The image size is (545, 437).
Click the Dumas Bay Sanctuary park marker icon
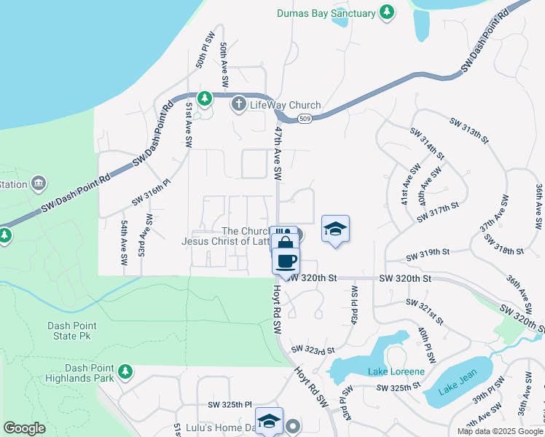388,12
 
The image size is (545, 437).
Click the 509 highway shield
309,119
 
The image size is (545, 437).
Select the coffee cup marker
286,260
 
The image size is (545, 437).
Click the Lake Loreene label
396,371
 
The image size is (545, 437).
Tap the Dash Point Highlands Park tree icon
125,372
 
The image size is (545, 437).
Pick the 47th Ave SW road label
278,152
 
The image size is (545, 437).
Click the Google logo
24,428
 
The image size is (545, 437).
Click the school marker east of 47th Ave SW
335,229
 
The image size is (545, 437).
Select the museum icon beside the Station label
39,183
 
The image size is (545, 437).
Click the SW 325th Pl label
230,404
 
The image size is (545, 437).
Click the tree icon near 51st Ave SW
205,98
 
